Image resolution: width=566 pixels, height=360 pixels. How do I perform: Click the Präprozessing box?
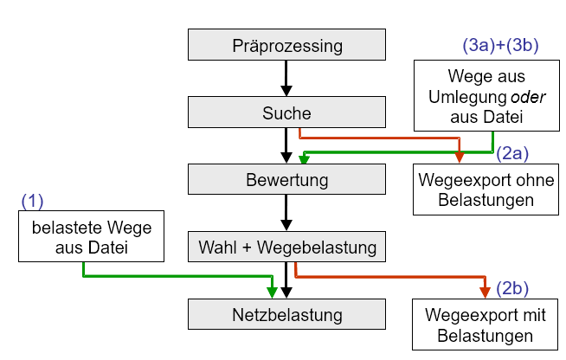pyautogui.click(x=287, y=46)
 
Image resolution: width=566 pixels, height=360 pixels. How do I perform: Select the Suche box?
pyautogui.click(x=287, y=113)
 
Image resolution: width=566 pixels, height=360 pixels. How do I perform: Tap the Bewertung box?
pyautogui.click(x=287, y=181)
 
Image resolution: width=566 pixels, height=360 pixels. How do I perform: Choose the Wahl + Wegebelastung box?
pyautogui.click(x=287, y=248)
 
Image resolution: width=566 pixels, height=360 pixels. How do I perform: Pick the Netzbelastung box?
pyautogui.click(x=287, y=315)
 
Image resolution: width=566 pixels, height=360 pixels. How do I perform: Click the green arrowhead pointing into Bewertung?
pyautogui.click(x=304, y=159)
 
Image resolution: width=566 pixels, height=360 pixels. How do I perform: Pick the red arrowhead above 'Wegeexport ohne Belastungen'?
pyautogui.click(x=460, y=156)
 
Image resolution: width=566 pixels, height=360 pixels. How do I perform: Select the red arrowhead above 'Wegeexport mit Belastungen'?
pyautogui.click(x=484, y=291)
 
